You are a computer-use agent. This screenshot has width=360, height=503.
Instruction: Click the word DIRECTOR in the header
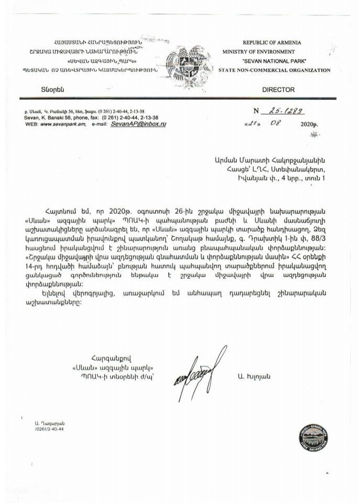[278, 90]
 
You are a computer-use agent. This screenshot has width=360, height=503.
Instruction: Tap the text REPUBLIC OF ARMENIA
[271, 42]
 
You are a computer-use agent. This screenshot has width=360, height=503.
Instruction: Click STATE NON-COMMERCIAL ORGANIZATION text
[275, 70]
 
